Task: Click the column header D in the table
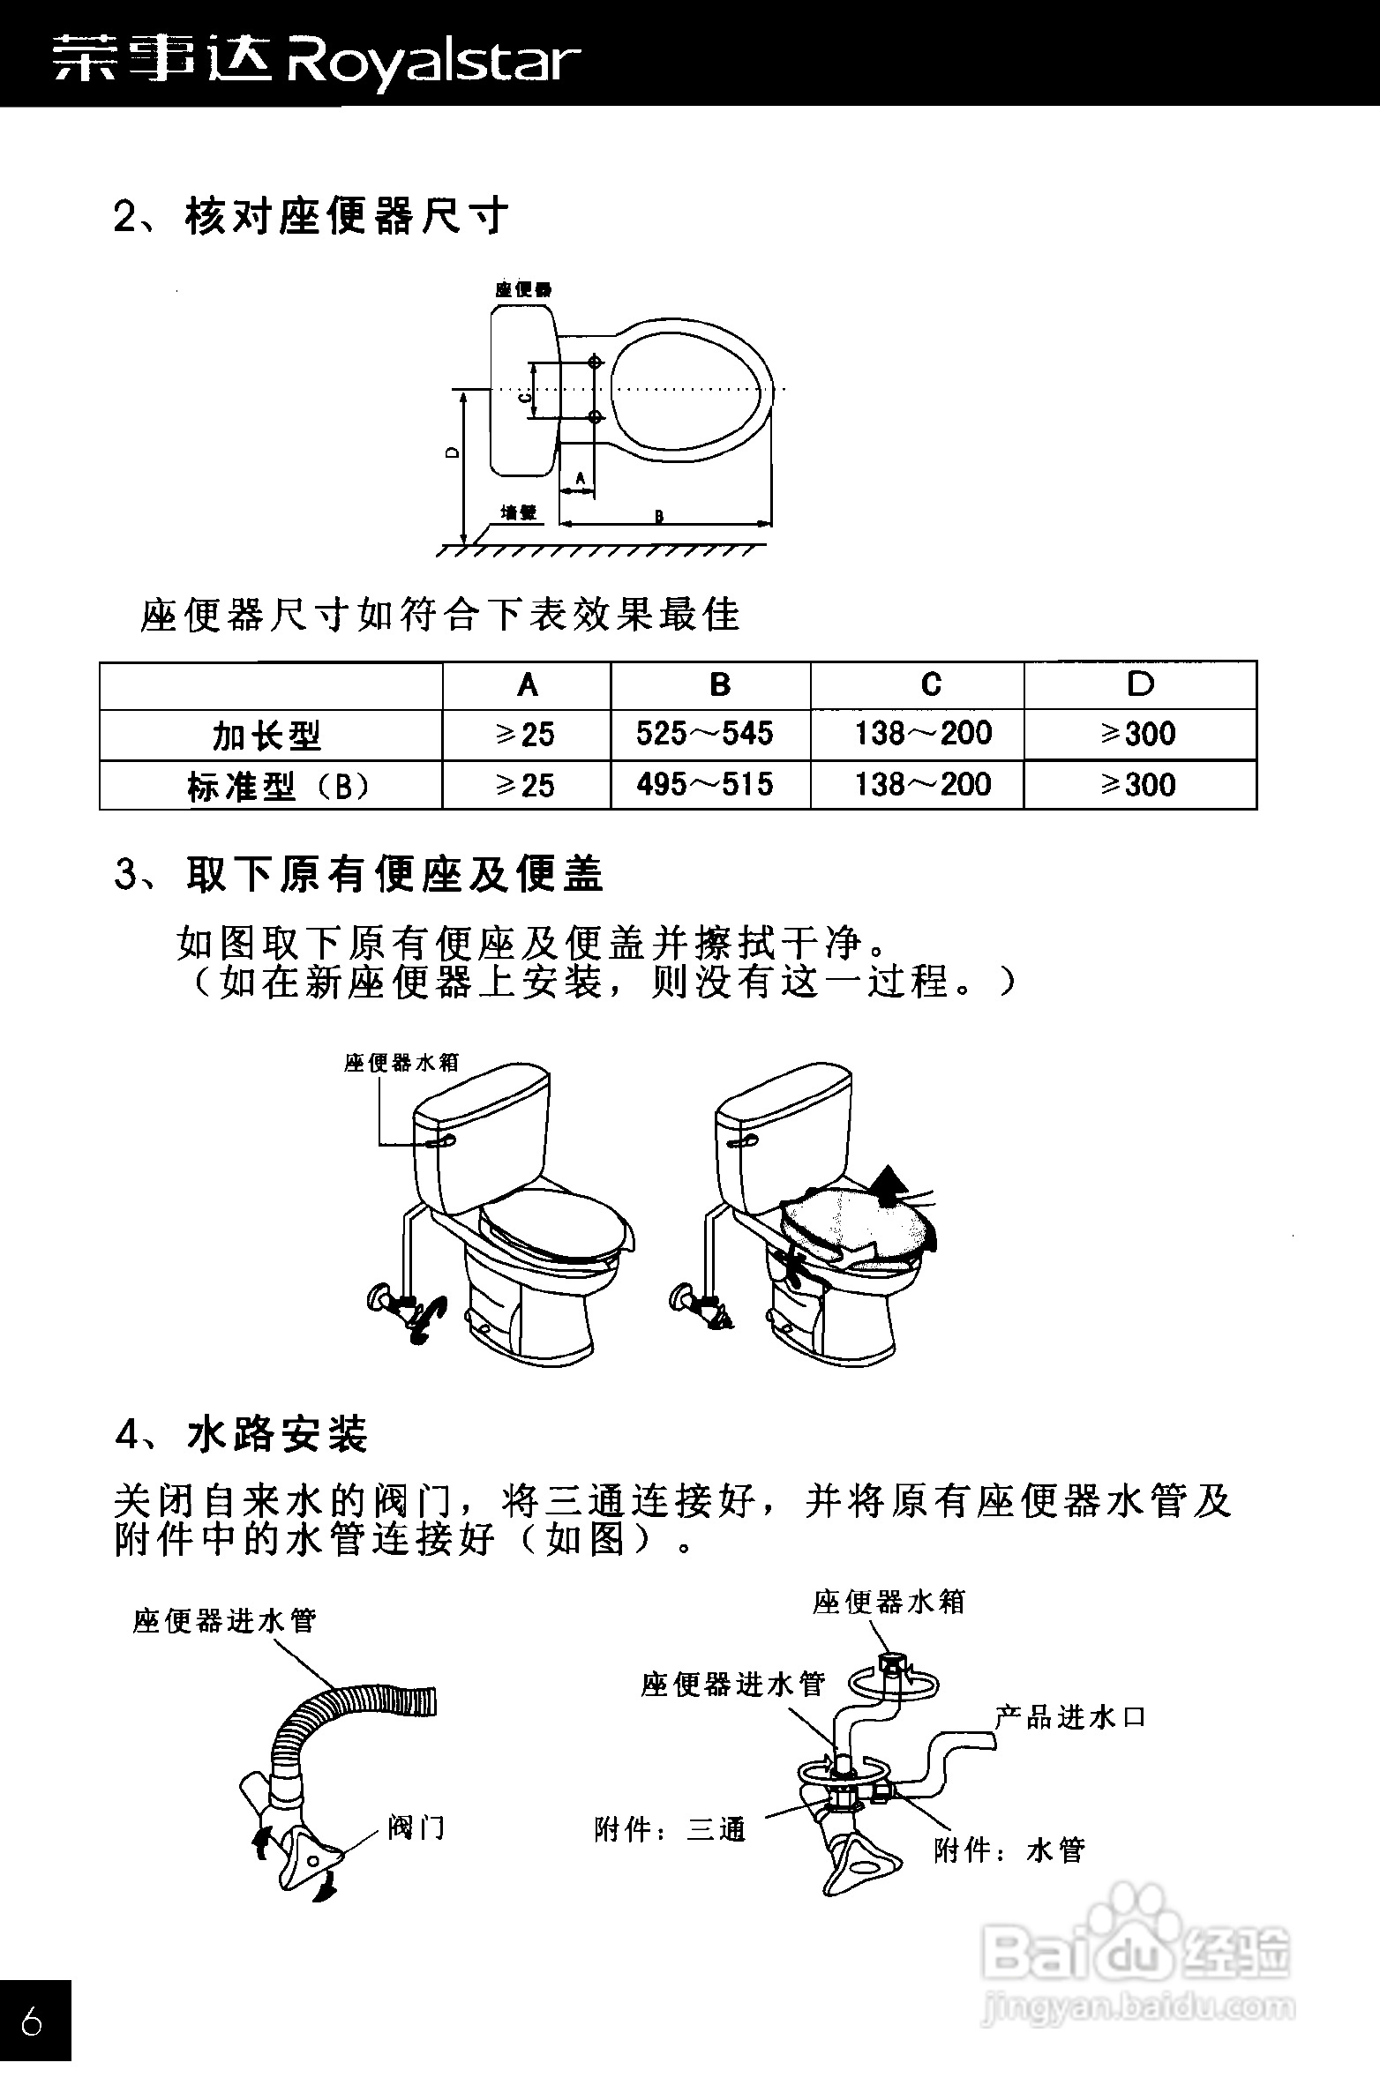[1140, 684]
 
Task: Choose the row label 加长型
[267, 736]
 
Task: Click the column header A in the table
[527, 685]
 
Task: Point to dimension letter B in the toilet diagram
[659, 517]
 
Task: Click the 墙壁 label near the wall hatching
[519, 512]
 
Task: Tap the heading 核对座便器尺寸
[347, 216]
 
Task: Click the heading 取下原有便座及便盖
[394, 875]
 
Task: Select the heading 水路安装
[277, 1435]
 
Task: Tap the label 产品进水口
[1069, 1717]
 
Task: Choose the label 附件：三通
[671, 1829]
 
